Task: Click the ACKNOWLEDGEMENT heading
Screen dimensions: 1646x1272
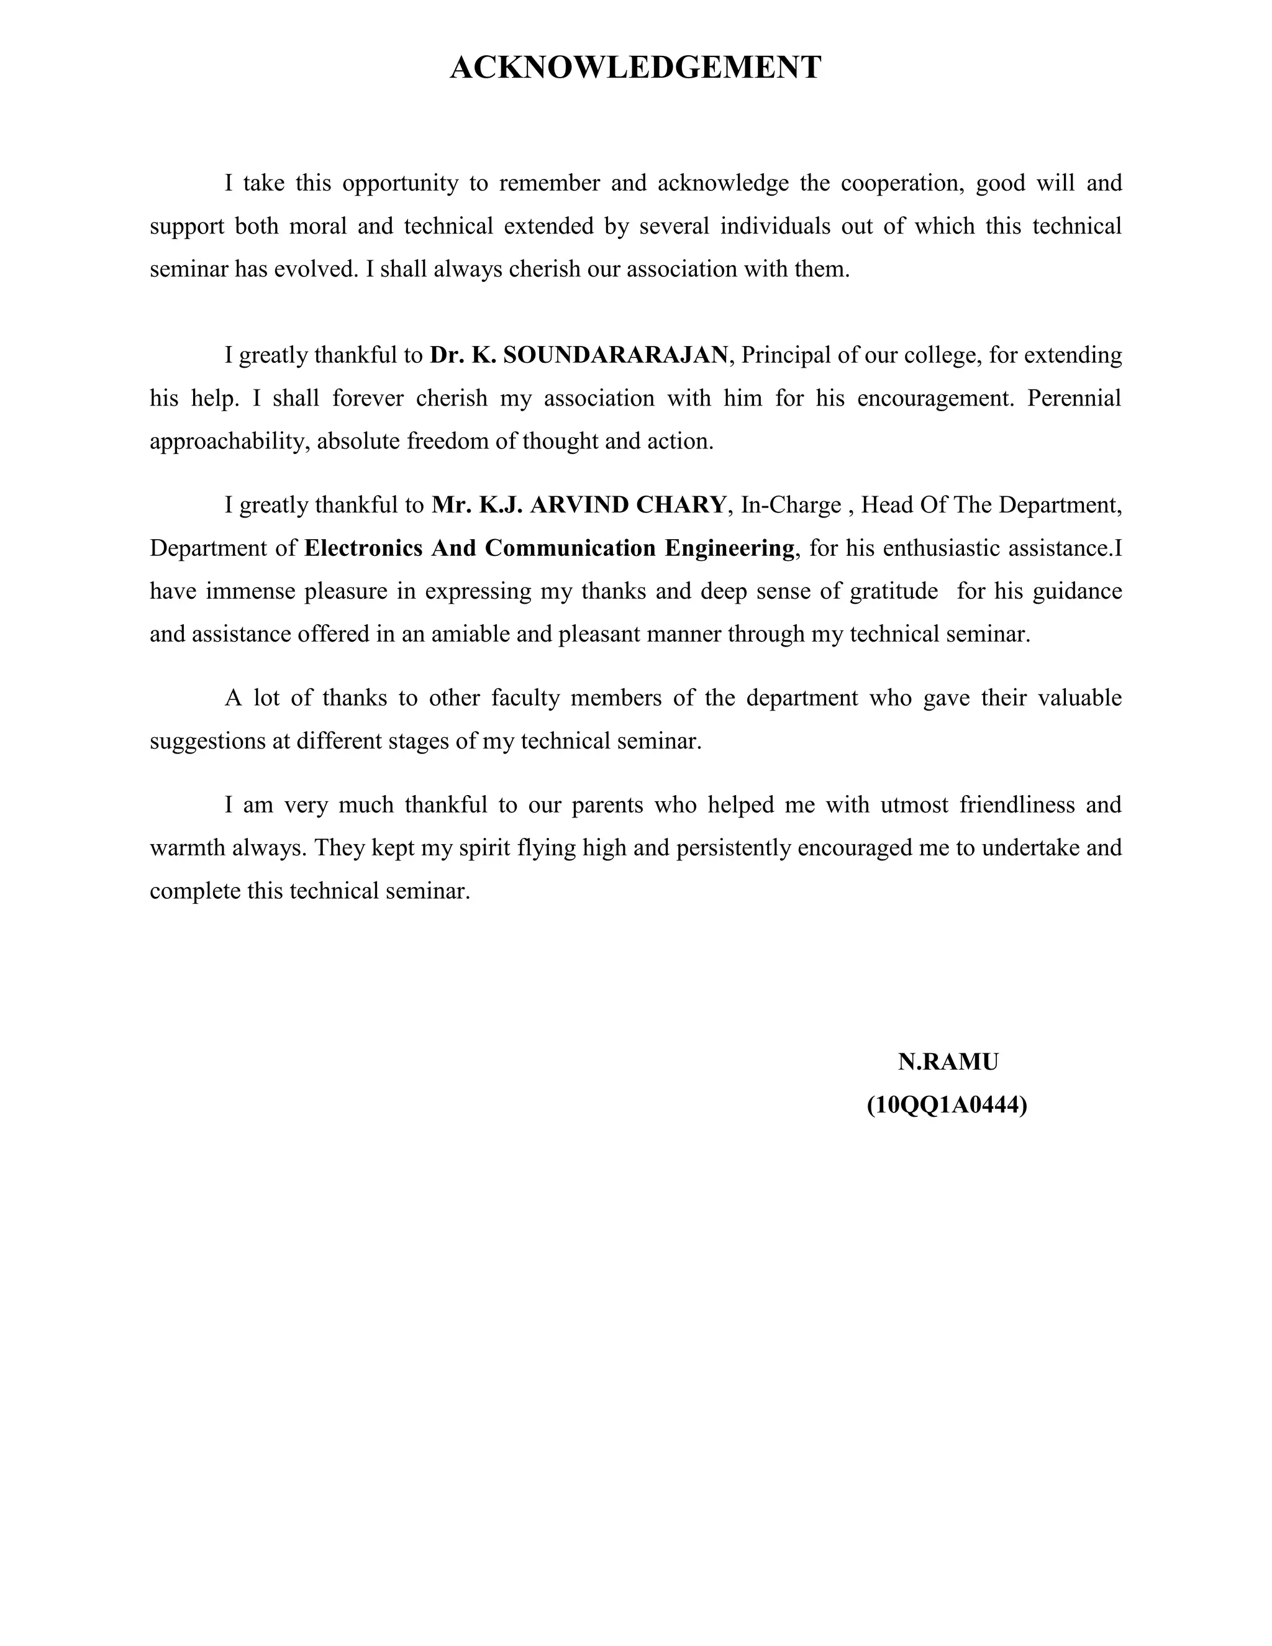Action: pos(635,68)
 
